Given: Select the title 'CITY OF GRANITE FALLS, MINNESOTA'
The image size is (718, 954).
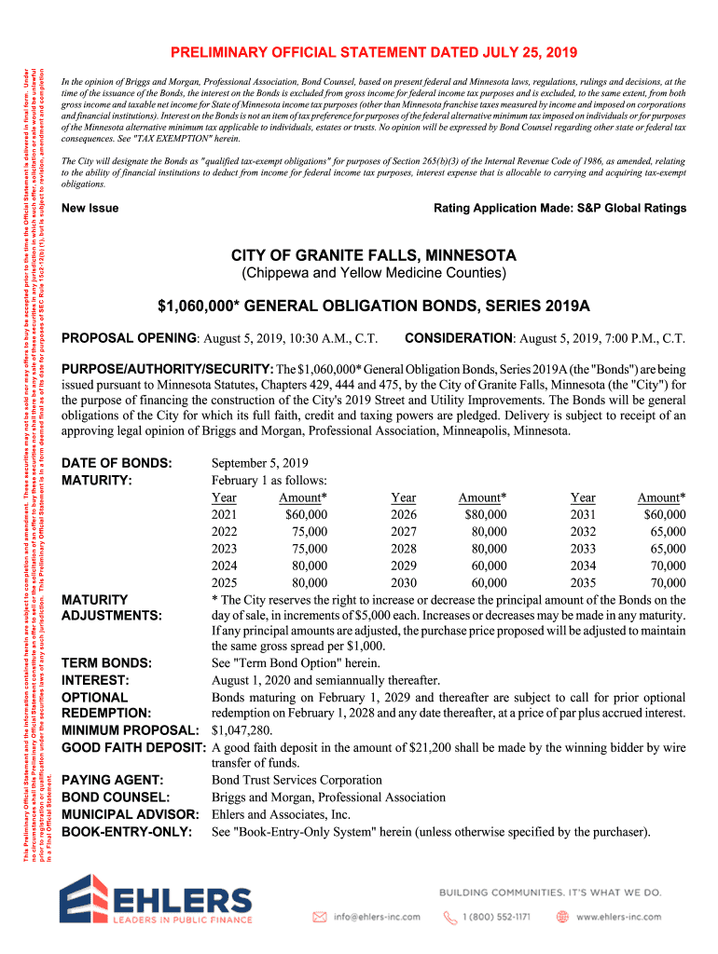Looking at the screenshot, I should tap(373, 255).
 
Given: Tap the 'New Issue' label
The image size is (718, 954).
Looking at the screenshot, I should tap(90, 208).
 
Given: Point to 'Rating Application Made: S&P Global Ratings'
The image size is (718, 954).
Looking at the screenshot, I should tap(559, 208).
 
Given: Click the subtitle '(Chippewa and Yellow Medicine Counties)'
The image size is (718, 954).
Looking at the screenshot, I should tap(373, 274).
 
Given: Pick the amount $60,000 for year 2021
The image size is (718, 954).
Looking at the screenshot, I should tap(306, 514).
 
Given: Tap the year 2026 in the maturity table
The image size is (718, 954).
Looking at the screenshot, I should tap(404, 514).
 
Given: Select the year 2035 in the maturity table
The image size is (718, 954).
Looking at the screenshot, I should tap(583, 584).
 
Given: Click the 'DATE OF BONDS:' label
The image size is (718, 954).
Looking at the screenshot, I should tap(117, 463).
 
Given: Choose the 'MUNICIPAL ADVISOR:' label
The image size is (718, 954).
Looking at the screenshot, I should tap(131, 814).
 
